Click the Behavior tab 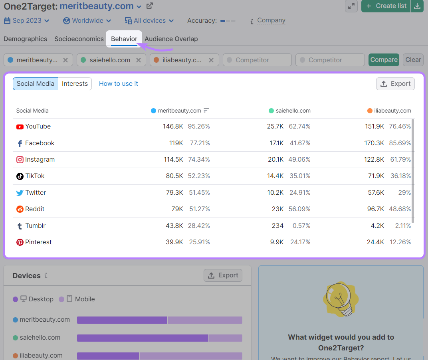124,39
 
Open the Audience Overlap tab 171,39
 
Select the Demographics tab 26,39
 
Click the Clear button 413,60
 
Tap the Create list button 386,6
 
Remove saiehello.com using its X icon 138,60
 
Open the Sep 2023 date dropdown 27,21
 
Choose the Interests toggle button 75,84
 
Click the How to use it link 119,84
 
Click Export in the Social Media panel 395,84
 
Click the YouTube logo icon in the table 20,127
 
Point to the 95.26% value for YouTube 199,127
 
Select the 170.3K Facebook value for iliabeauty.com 374,143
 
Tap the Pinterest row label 38,242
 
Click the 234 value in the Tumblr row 277,226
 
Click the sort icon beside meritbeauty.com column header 206,111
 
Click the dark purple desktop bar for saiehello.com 142,338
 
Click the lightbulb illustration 340,299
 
